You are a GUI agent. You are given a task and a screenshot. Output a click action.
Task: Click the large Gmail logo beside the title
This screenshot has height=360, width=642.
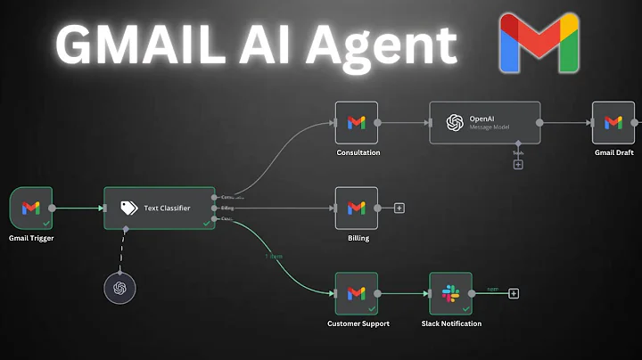point(539,43)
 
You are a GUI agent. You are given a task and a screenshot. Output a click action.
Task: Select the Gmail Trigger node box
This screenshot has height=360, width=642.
point(31,208)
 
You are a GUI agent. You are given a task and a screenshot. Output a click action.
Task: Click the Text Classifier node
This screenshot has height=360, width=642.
point(158,208)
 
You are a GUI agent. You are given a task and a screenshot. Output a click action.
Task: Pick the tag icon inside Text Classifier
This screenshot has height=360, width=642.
point(128,208)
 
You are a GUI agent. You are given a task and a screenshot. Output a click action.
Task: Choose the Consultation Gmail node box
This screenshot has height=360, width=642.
point(356,123)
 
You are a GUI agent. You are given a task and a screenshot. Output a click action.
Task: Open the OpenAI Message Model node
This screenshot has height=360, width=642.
point(484,123)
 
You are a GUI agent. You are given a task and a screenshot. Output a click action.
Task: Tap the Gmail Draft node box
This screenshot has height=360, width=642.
point(613,123)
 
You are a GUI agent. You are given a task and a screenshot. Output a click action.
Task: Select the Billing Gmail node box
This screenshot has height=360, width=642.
point(356,208)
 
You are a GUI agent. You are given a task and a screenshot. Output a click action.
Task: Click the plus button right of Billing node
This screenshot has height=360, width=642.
point(399,208)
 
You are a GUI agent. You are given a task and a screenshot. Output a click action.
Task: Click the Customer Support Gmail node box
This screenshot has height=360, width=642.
point(356,293)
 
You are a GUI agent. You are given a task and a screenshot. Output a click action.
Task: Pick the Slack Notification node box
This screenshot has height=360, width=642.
point(450,293)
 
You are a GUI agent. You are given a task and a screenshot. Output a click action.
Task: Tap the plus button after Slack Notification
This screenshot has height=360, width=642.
point(514,293)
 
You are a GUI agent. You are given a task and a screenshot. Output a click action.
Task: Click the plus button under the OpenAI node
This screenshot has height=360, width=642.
point(518,164)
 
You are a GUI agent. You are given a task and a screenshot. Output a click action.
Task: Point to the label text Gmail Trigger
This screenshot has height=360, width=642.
point(31,239)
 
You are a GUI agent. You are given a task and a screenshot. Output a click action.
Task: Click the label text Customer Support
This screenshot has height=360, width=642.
point(358,323)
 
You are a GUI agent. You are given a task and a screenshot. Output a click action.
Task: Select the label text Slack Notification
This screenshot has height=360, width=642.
point(451,323)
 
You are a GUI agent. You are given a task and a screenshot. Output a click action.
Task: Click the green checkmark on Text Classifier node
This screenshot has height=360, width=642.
point(206,223)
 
